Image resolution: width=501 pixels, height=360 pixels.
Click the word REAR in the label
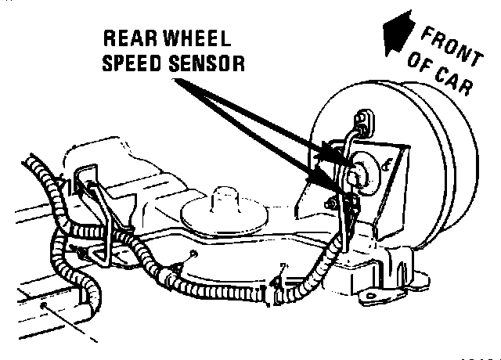click(x=130, y=40)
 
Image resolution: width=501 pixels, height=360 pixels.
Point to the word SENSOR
click(x=206, y=63)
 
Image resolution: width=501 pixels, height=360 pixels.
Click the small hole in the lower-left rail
click(x=47, y=304)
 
